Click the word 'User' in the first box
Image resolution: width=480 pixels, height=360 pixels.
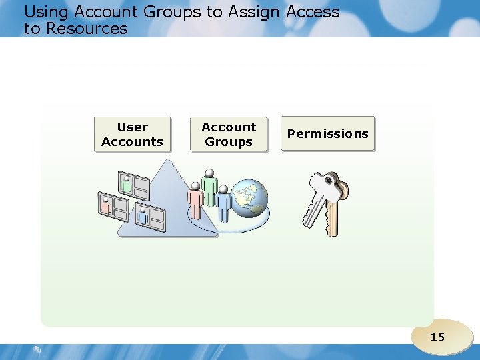click(x=132, y=127)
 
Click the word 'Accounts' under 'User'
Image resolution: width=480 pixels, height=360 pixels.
click(x=132, y=141)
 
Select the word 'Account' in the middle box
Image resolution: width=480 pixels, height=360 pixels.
click(x=229, y=127)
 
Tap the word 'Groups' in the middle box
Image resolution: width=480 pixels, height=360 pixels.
click(x=229, y=141)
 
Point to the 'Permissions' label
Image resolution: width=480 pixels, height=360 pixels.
click(x=327, y=133)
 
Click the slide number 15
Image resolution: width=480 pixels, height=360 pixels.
click(x=437, y=337)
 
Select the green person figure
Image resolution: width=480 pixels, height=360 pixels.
click(x=210, y=186)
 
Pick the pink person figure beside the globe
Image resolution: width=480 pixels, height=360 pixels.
click(x=195, y=201)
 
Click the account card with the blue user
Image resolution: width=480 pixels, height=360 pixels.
click(x=149, y=217)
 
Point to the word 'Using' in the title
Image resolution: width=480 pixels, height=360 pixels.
click(x=46, y=12)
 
